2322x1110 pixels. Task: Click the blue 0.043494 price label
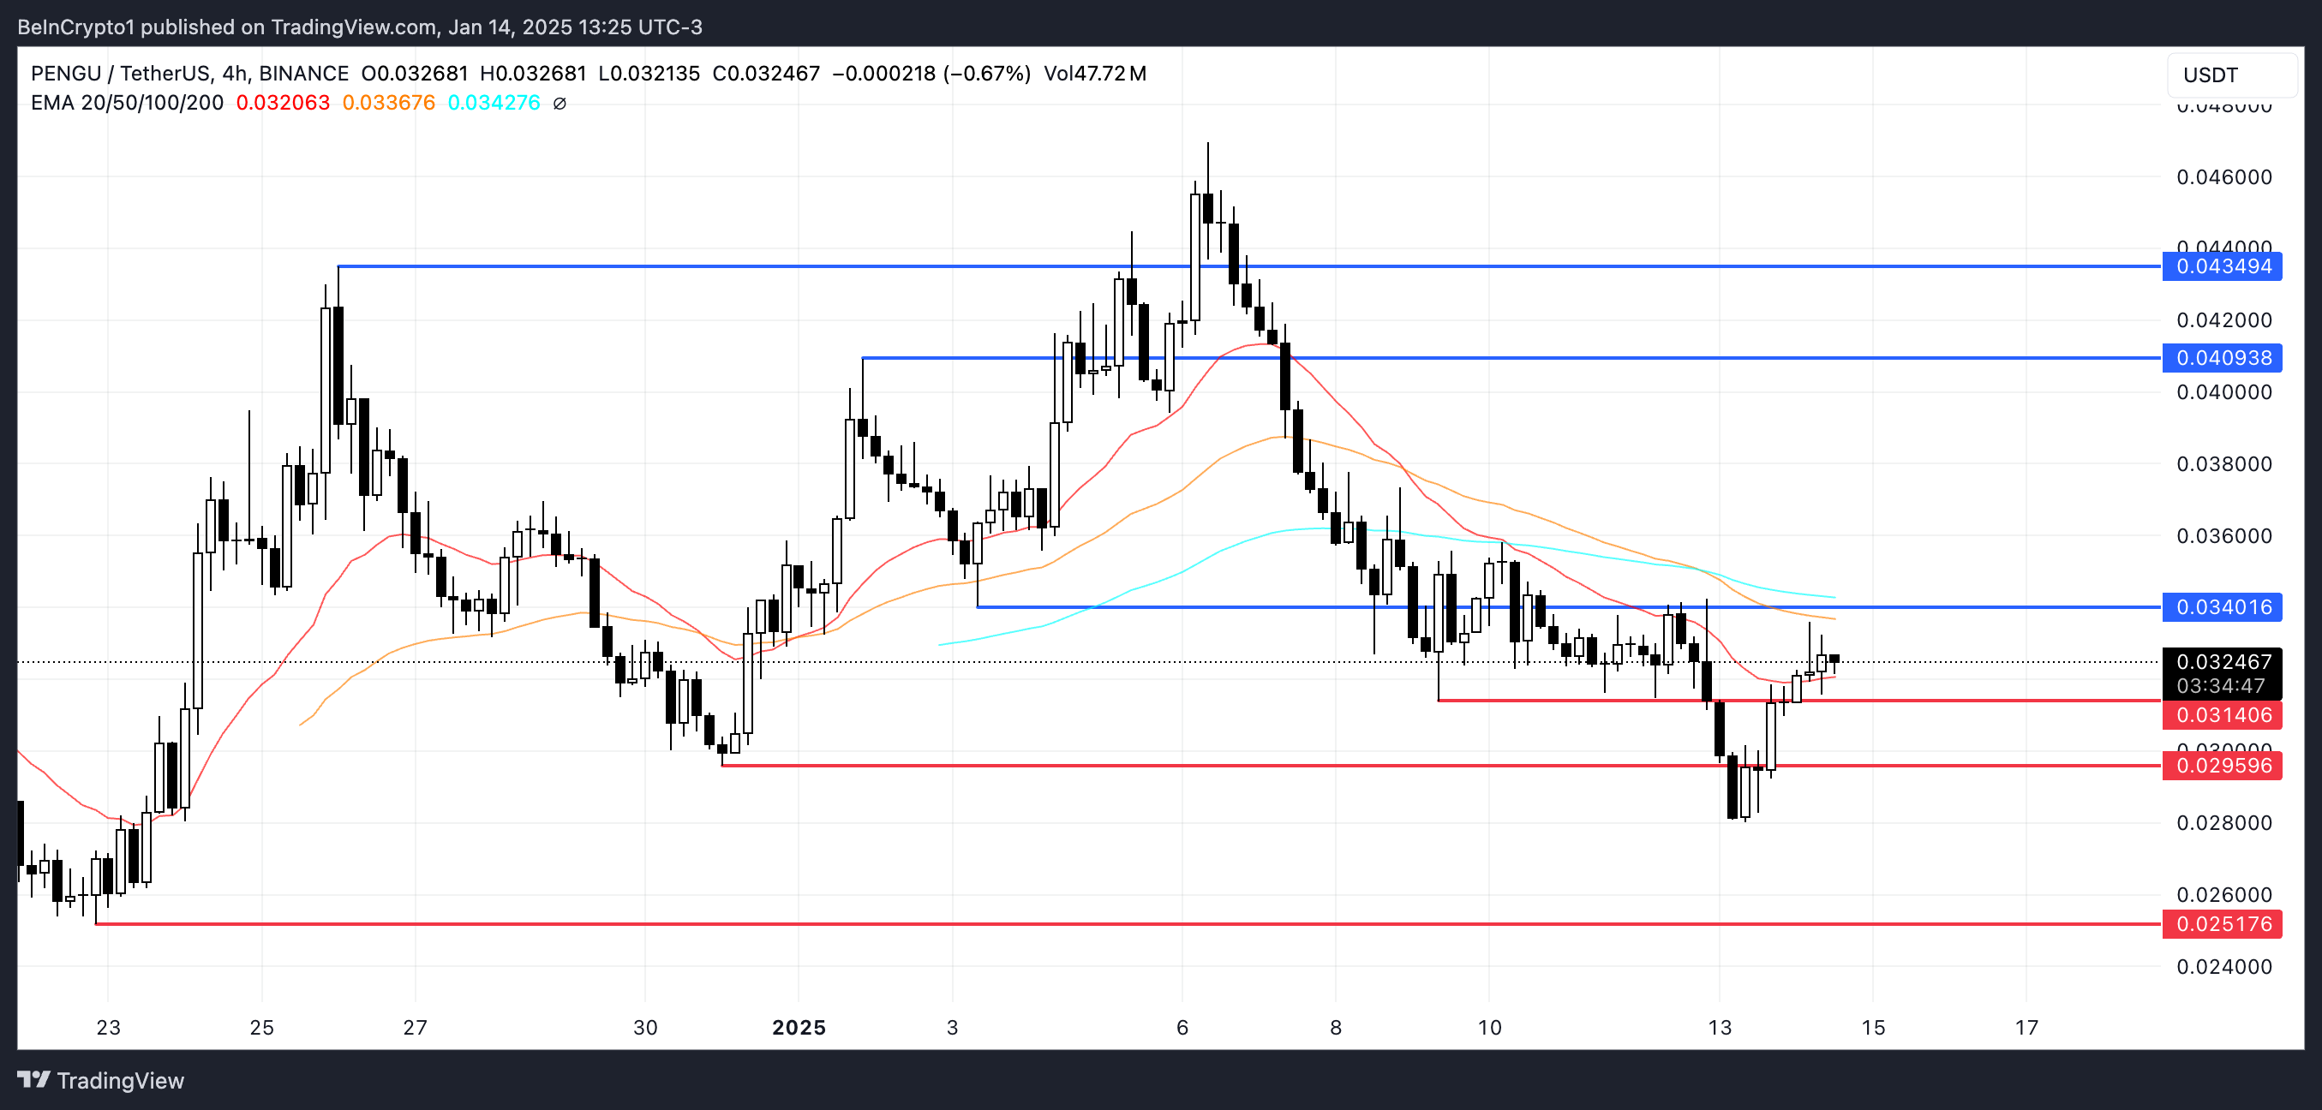[x=2222, y=266]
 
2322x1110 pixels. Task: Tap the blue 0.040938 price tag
[x=2222, y=358]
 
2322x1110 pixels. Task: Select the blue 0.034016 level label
[x=2222, y=607]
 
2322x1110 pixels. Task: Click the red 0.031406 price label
[x=2222, y=715]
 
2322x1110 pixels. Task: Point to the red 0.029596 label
[x=2222, y=766]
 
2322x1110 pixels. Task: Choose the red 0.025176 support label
[x=2222, y=924]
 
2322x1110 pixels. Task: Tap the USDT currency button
[x=2231, y=75]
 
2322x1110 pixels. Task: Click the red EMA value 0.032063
[x=283, y=103]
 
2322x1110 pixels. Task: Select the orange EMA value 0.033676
[x=388, y=103]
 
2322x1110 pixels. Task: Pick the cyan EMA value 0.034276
[x=494, y=103]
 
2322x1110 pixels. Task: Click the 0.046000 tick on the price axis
[x=2223, y=176]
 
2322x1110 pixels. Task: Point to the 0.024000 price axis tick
[x=2223, y=967]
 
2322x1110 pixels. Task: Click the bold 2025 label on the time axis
[x=799, y=1027]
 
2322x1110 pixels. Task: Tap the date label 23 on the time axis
[x=108, y=1027]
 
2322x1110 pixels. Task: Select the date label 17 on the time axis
[x=2026, y=1027]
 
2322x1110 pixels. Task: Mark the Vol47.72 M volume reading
[x=1094, y=74]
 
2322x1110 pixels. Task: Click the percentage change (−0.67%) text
[x=987, y=74]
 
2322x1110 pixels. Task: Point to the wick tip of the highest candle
[x=1208, y=143]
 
